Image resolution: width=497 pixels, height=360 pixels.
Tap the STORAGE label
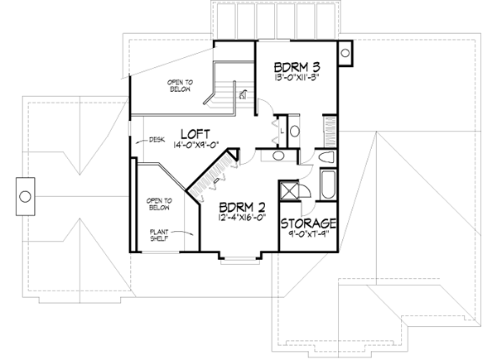pyautogui.click(x=308, y=224)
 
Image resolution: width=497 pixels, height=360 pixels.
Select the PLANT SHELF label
pyautogui.click(x=159, y=235)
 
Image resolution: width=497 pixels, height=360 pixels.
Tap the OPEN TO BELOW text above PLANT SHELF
pyautogui.click(x=159, y=204)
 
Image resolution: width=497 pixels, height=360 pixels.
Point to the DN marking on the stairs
pyautogui.click(x=243, y=95)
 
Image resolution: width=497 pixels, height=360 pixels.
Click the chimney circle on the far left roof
pyautogui.click(x=25, y=196)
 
